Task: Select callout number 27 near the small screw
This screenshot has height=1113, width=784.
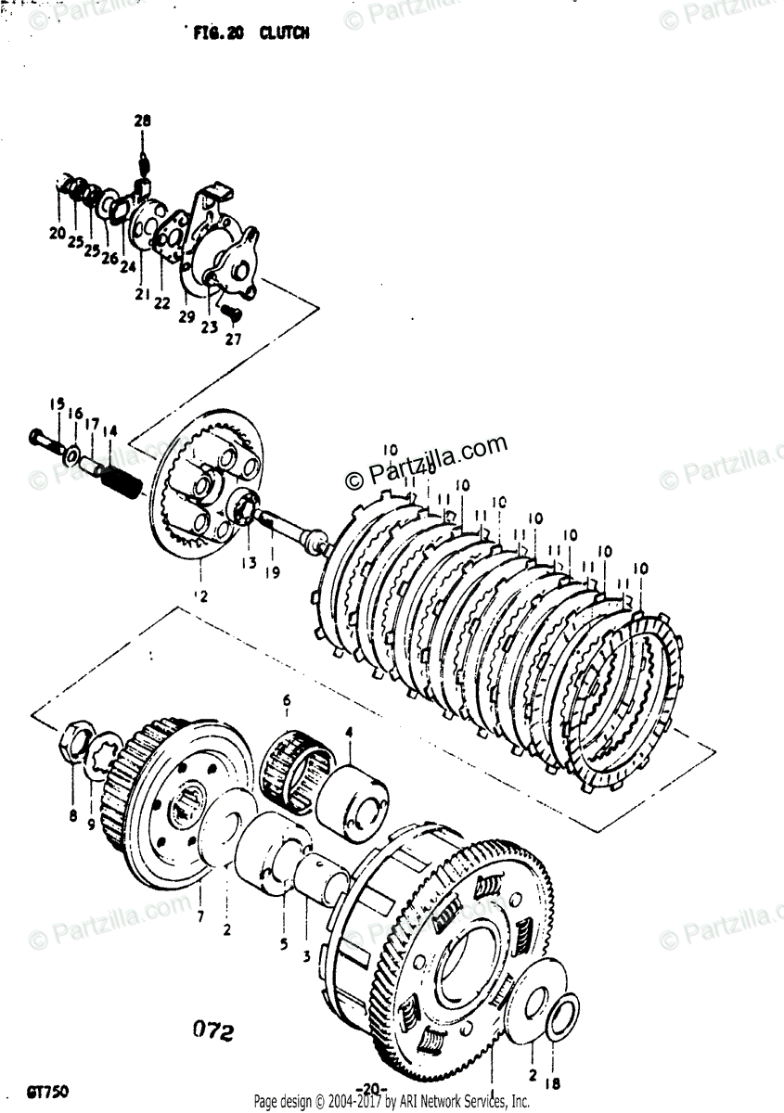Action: pyautogui.click(x=232, y=339)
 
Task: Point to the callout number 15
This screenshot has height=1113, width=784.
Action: pyautogui.click(x=58, y=403)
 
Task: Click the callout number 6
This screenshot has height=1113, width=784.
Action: pyautogui.click(x=287, y=699)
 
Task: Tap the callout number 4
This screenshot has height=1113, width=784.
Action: pyautogui.click(x=349, y=733)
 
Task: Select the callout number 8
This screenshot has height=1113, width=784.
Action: pyautogui.click(x=72, y=816)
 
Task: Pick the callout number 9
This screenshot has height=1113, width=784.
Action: pyautogui.click(x=91, y=823)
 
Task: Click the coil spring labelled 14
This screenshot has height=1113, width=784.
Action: pyautogui.click(x=120, y=482)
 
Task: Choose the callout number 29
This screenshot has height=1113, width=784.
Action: pyautogui.click(x=186, y=317)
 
